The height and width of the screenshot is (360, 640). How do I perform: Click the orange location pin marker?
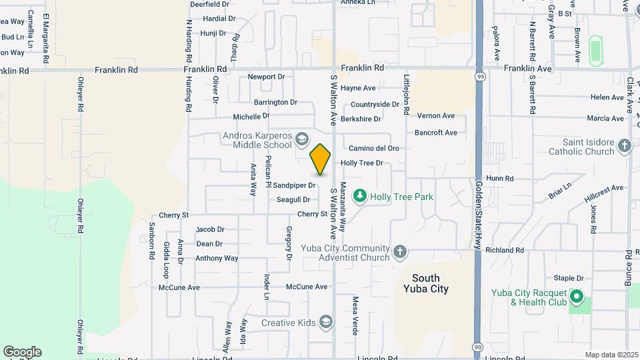pos(321,159)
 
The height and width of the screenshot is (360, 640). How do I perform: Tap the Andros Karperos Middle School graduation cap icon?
pos(301,139)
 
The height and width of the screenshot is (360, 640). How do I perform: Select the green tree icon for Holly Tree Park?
pos(360,195)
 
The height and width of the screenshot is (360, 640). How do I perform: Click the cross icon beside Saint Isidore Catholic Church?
pos(624,146)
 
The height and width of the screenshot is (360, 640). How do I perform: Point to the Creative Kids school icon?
pos(326,323)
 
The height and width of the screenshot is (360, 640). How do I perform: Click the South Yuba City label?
pos(426,283)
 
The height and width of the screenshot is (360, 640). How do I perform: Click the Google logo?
pos(22,351)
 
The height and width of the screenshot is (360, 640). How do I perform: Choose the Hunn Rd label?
pos(499,179)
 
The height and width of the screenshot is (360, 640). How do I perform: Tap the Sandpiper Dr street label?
pos(294,185)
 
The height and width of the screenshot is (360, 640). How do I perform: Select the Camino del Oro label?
pos(374,148)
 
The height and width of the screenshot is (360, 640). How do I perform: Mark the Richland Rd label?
pos(505,250)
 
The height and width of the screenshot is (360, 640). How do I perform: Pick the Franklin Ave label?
pos(527,69)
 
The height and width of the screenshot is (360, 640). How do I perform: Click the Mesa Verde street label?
pos(355,315)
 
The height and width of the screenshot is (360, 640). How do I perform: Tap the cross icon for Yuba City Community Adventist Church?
pos(399,251)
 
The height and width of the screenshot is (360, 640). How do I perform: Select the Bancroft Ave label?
pos(436,133)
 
